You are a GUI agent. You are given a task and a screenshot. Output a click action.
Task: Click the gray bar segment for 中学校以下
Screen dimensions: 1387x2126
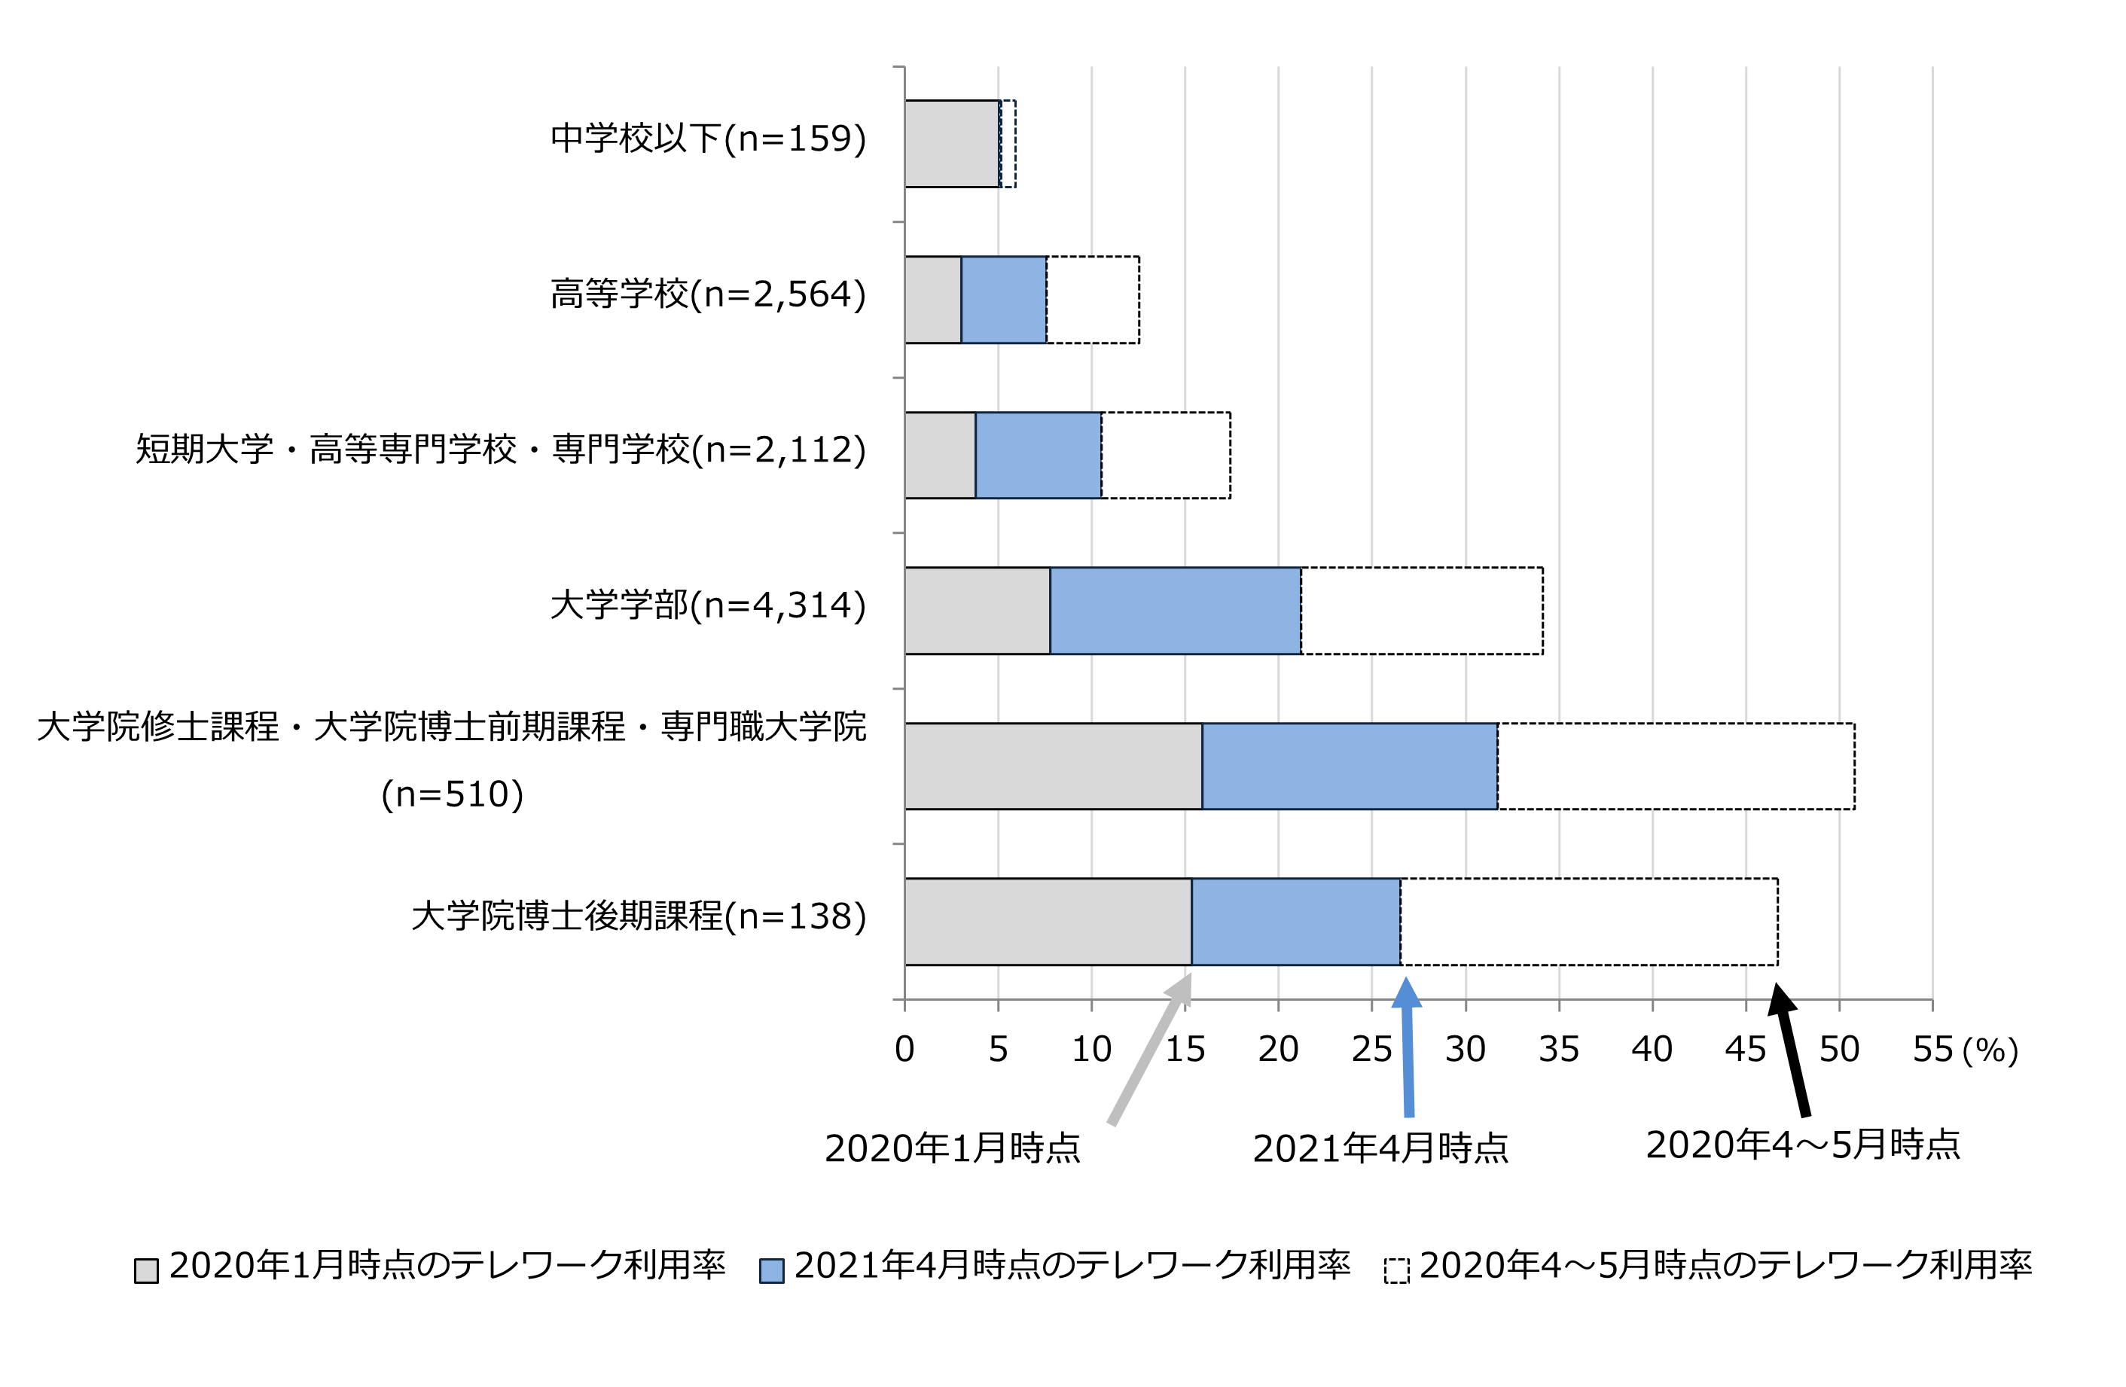pos(951,144)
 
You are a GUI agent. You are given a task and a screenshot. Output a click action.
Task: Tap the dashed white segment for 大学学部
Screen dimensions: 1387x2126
pos(1421,611)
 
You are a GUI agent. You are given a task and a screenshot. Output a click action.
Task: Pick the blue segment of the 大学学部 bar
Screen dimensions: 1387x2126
pos(1175,611)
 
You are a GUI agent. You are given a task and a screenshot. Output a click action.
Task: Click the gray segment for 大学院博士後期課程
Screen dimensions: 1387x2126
pos(1048,922)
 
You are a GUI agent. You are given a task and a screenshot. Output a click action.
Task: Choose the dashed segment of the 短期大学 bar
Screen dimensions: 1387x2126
pos(1166,456)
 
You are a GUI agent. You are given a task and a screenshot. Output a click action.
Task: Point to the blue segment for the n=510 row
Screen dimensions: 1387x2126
pos(1349,767)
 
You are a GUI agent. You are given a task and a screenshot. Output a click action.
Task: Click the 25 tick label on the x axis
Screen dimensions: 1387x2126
pos(1371,1050)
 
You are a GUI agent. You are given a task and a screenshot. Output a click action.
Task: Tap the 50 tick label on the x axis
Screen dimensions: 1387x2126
pos(1838,1050)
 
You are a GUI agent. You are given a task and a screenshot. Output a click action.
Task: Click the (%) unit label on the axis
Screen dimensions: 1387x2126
pos(1991,1051)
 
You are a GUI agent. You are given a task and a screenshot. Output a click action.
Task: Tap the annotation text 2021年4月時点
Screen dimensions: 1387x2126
pos(1380,1148)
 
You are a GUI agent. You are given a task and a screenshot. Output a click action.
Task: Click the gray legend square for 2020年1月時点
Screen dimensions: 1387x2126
pos(147,1271)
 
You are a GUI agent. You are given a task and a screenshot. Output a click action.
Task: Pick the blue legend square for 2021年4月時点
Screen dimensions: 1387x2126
pos(771,1271)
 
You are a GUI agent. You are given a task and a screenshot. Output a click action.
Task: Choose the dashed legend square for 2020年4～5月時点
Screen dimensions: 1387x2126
pos(1396,1271)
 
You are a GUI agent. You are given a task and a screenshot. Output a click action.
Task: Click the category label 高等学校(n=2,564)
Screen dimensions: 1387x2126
pos(707,294)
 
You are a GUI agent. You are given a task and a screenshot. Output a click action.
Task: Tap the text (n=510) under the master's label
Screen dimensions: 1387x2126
pos(452,794)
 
